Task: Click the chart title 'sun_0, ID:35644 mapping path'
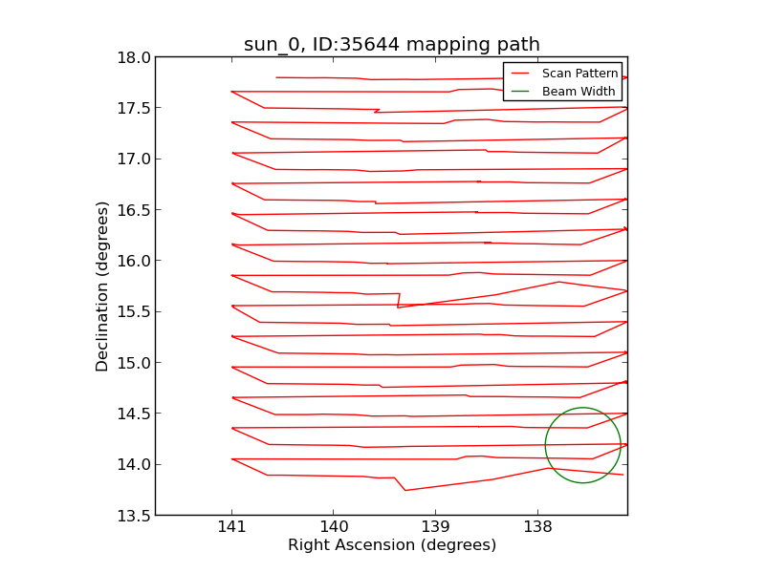click(391, 45)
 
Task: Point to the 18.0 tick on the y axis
click(134, 57)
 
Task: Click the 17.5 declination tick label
click(134, 108)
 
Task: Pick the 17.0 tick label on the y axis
click(134, 159)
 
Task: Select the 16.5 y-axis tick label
click(134, 210)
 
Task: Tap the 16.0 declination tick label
click(134, 261)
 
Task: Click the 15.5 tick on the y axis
click(134, 311)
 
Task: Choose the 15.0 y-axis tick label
click(134, 363)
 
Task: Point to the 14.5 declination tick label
click(134, 414)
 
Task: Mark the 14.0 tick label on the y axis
click(134, 464)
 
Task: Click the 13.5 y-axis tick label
click(134, 516)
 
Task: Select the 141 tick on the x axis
click(231, 527)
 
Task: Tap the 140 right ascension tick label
click(334, 527)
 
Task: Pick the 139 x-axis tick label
click(435, 527)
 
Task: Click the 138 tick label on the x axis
click(537, 527)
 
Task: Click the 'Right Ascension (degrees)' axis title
click(392, 545)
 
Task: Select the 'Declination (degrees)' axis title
click(102, 286)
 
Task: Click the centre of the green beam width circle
click(582, 445)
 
